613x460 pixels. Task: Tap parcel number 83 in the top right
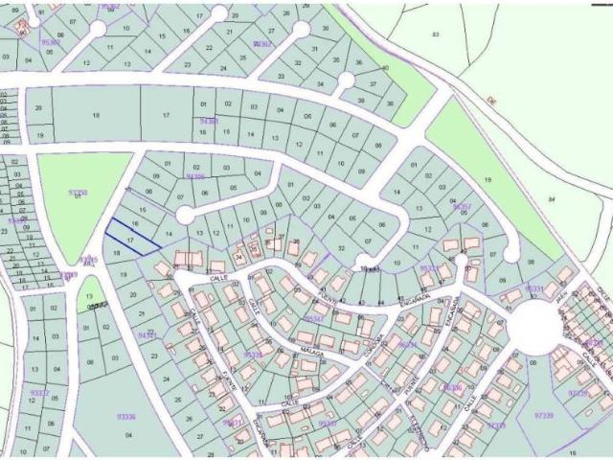(436, 34)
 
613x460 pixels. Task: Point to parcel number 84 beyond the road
(551, 198)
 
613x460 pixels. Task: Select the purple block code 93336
(125, 416)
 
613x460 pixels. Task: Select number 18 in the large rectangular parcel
(96, 115)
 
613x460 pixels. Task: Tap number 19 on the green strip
(488, 179)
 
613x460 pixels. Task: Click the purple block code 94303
(209, 122)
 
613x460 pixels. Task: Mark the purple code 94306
(195, 176)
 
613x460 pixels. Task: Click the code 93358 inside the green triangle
(79, 193)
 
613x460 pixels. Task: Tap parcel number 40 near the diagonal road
(385, 68)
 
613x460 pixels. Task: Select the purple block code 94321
(148, 335)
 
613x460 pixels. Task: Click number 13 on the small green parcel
(89, 297)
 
